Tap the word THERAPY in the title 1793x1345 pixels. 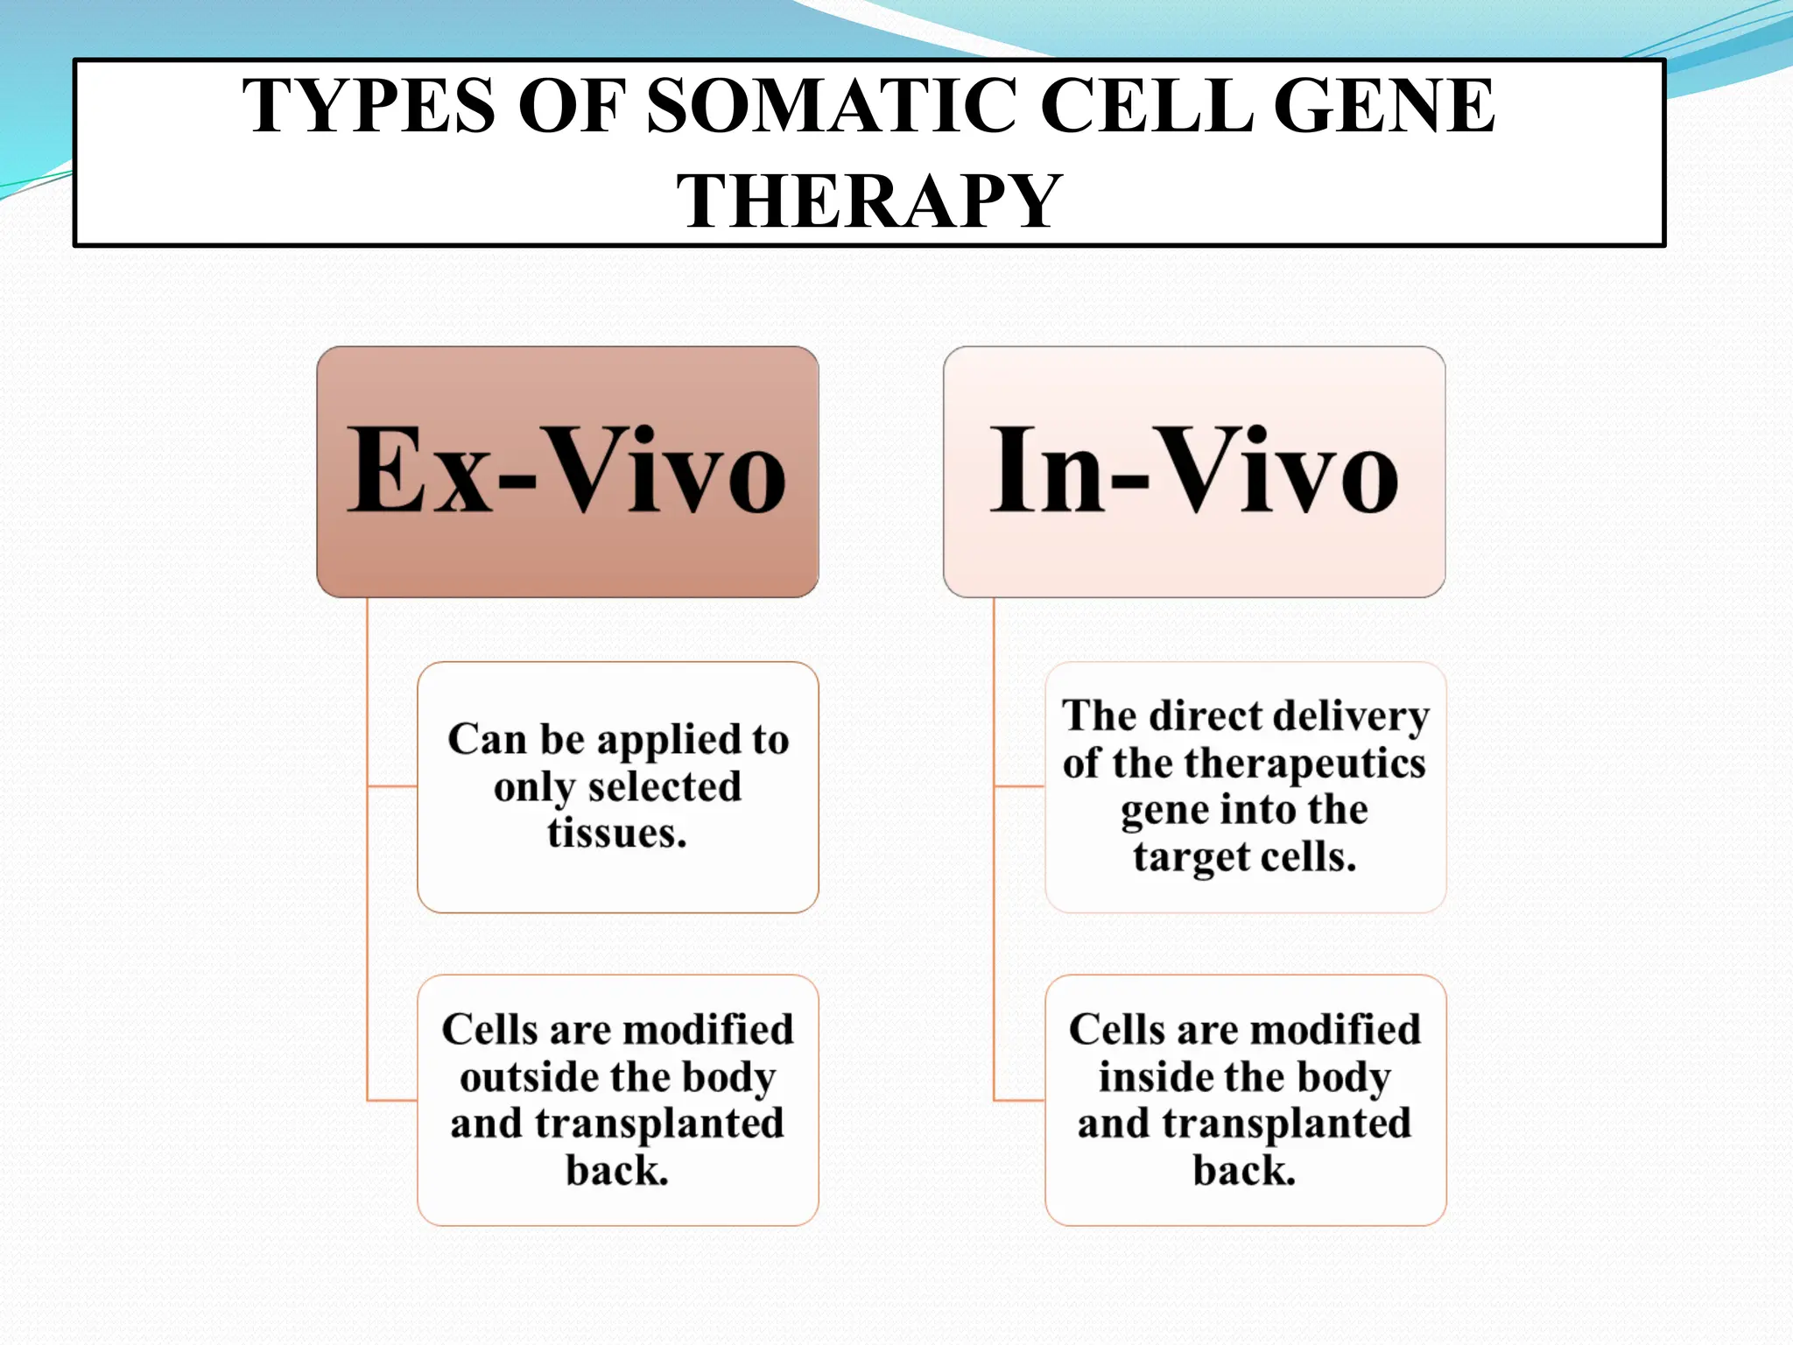[868, 202]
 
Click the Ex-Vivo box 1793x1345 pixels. [567, 471]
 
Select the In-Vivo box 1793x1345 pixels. [1193, 471]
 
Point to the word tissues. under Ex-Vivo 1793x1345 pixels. [617, 833]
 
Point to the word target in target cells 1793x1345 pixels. [1184, 857]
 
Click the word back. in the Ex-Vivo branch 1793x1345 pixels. [617, 1171]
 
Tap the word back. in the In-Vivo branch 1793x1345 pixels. [1244, 1171]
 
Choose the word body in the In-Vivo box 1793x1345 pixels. [1344, 1077]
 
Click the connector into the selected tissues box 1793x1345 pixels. [392, 786]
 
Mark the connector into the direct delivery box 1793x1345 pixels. [1019, 786]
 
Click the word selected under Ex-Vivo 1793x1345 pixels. [664, 786]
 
